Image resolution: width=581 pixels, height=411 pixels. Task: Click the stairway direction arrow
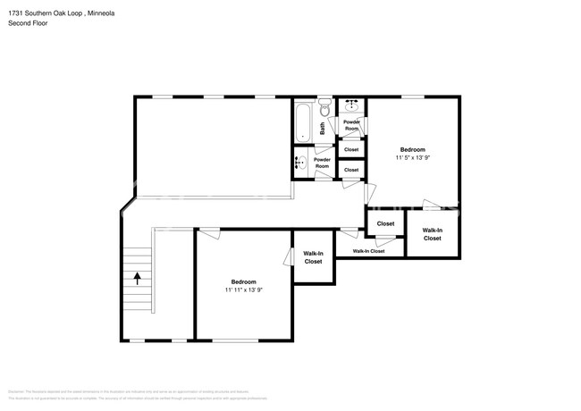pos(137,277)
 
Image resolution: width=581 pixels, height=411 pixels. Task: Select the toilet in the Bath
pos(326,109)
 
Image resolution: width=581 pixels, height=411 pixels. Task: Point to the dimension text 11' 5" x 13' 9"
pos(412,158)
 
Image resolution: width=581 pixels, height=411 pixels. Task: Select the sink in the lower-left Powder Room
pos(302,164)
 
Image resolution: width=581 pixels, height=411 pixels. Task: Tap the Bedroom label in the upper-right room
pos(412,149)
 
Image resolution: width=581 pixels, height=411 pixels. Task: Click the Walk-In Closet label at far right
pos(432,234)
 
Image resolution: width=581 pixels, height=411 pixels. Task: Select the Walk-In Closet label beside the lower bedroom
pos(314,257)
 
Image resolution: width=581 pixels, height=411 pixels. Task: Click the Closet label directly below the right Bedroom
pos(385,223)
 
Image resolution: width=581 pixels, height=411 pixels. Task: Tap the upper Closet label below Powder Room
pos(351,149)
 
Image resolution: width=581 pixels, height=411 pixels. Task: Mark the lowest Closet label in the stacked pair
pos(351,170)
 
